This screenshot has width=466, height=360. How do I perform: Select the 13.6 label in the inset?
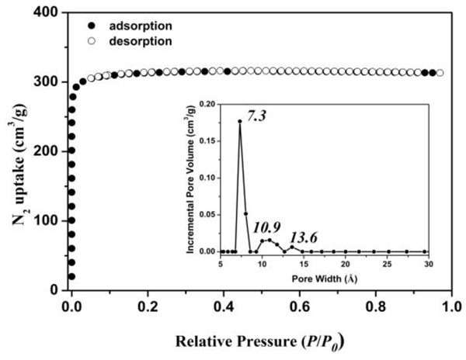point(306,236)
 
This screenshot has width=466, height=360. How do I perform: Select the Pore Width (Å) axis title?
point(324,275)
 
